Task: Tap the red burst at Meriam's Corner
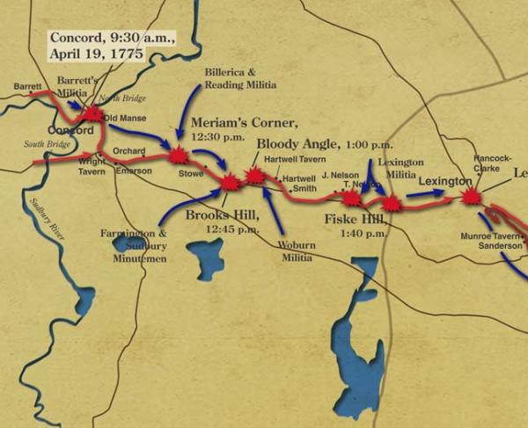(180, 156)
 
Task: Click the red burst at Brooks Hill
(230, 182)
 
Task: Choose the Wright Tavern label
(92, 167)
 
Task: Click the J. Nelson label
(341, 174)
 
